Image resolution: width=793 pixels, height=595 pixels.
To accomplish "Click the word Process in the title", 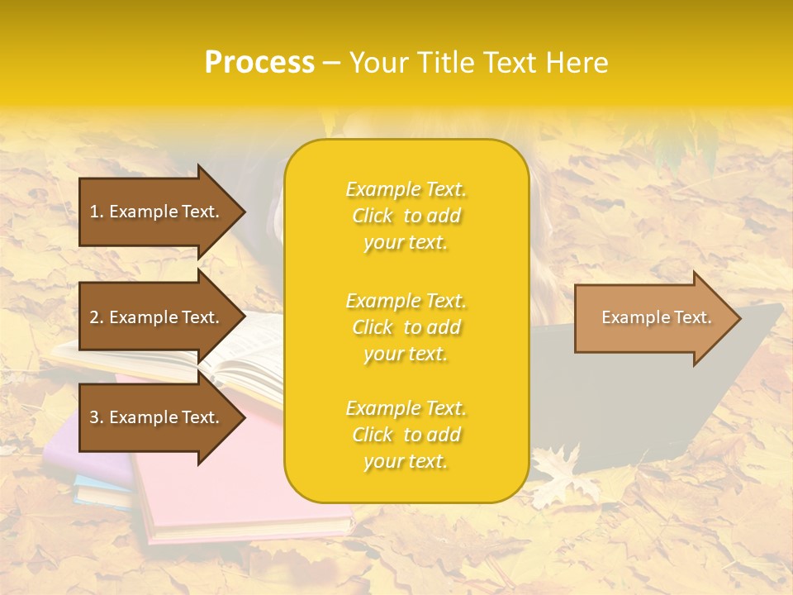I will (x=259, y=63).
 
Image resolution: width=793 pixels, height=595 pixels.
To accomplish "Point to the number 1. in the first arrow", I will (x=97, y=212).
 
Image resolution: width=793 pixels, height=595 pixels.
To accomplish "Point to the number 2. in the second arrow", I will (x=97, y=317).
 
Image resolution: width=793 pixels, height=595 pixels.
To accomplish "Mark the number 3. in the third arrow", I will (x=97, y=417).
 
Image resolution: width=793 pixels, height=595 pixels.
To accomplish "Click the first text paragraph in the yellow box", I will (x=406, y=216).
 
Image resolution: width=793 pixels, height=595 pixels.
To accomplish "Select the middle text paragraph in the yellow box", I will (x=406, y=327).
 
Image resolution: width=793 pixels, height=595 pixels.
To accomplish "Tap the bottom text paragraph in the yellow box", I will (x=406, y=435).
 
